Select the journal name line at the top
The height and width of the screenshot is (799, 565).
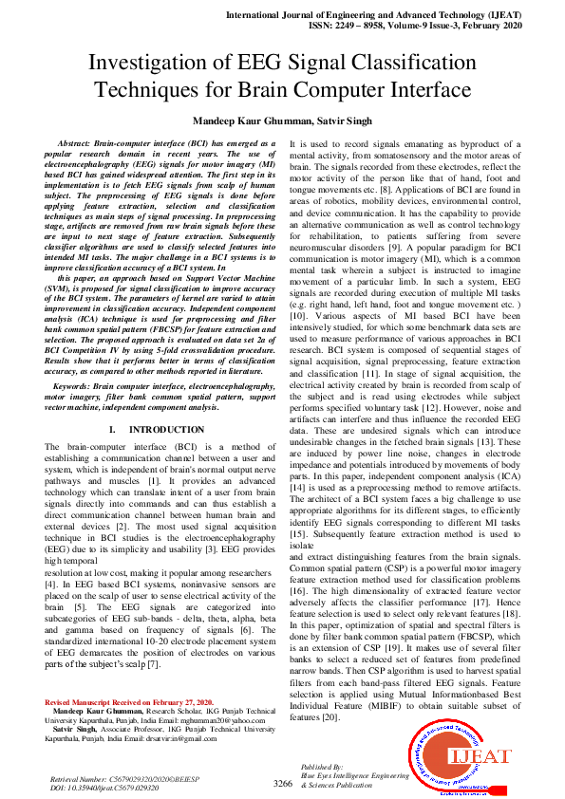click(x=397, y=16)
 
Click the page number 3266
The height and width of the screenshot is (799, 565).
click(x=282, y=784)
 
